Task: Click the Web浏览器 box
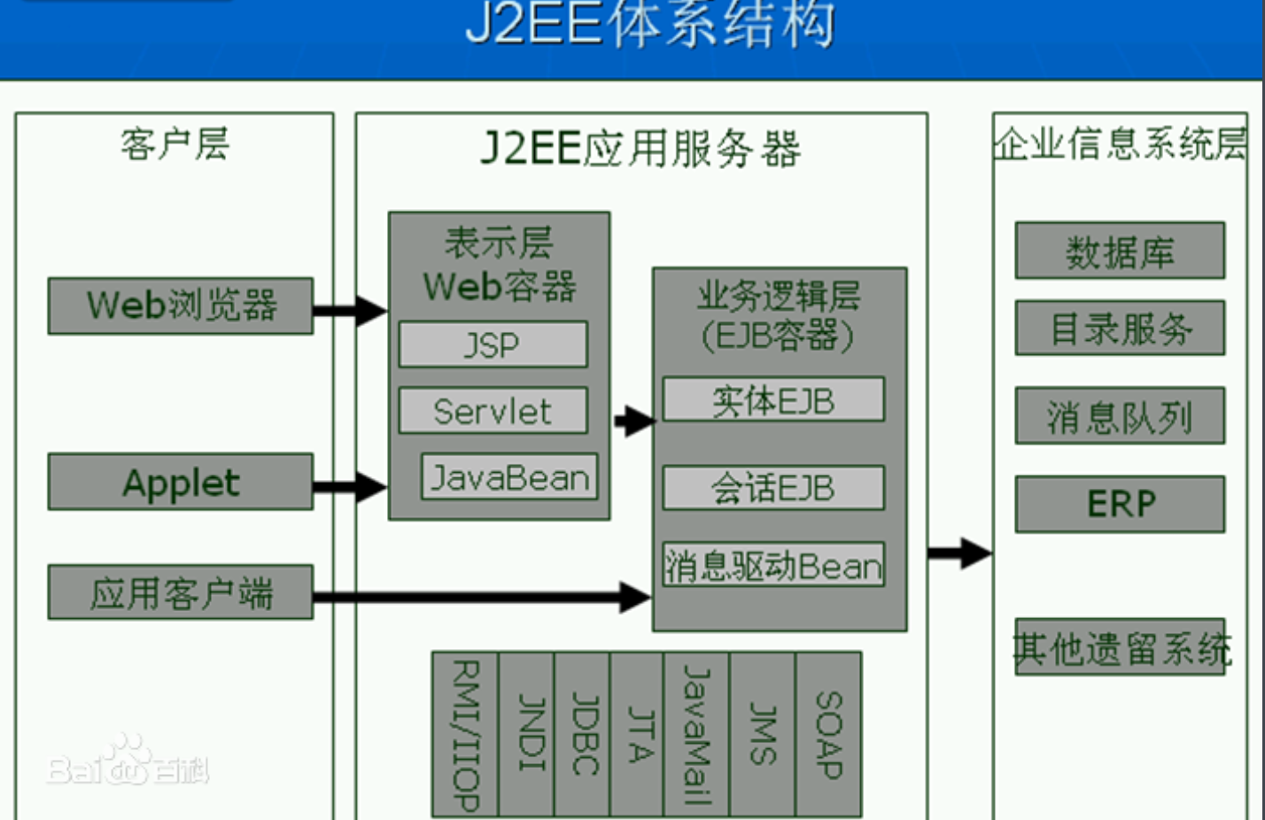[x=181, y=306]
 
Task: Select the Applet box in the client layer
[x=181, y=483]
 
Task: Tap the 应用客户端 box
[x=181, y=592]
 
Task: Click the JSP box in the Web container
[x=493, y=344]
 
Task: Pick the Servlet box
[x=493, y=411]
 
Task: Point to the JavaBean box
[x=509, y=478]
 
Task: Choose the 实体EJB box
[x=773, y=400]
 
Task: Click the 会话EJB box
[x=773, y=488]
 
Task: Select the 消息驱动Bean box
[x=773, y=565]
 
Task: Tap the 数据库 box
[x=1120, y=251]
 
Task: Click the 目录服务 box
[x=1120, y=329]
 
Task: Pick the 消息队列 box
[x=1120, y=416]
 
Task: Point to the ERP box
[x=1120, y=504]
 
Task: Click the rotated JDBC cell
[x=582, y=734]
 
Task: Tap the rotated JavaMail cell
[x=696, y=734]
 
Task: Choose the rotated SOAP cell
[x=828, y=734]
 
